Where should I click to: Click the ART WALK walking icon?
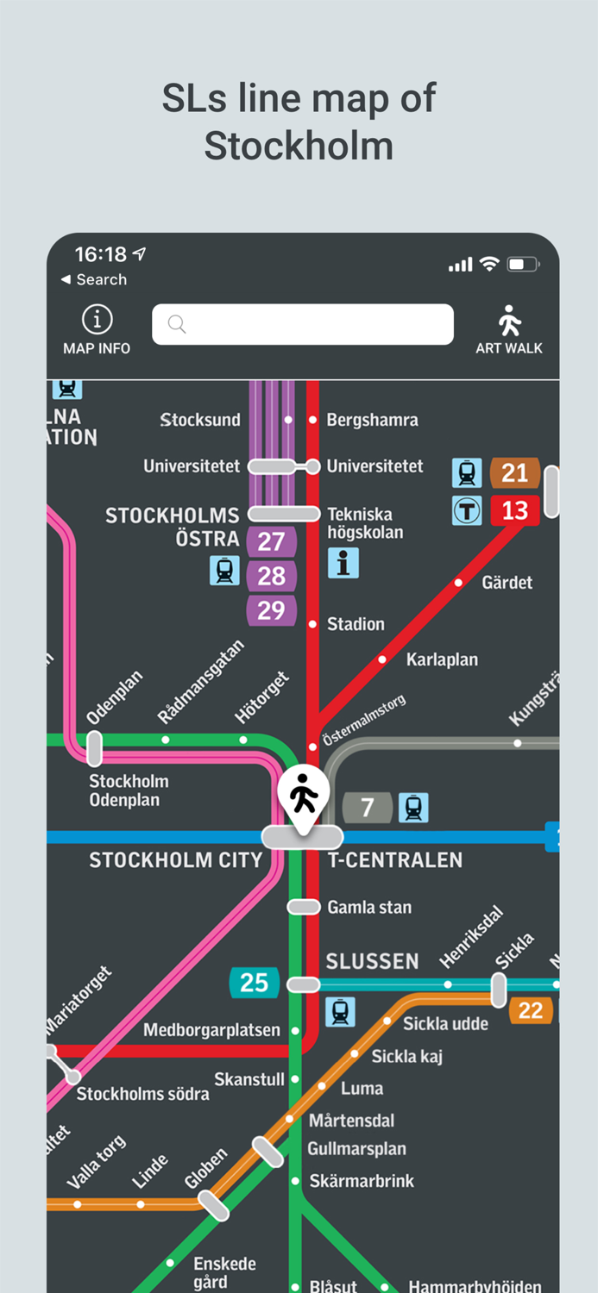pyautogui.click(x=509, y=322)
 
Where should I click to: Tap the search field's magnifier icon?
pyautogui.click(x=177, y=324)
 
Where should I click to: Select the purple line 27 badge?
pyautogui.click(x=271, y=542)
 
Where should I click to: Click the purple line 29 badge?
pyautogui.click(x=271, y=610)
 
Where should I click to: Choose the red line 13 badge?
pyautogui.click(x=514, y=510)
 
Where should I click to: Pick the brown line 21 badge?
pyautogui.click(x=514, y=472)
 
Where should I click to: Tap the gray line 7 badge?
pyautogui.click(x=368, y=808)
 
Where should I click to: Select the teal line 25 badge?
pyautogui.click(x=254, y=983)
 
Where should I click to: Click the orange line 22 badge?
pyautogui.click(x=531, y=1010)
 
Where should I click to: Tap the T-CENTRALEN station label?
pyautogui.click(x=395, y=860)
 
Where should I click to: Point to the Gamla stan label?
pyautogui.click(x=369, y=907)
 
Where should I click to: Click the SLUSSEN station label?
pyautogui.click(x=372, y=961)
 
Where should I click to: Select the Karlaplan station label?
pyautogui.click(x=442, y=659)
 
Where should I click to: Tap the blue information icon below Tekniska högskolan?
pyautogui.click(x=343, y=563)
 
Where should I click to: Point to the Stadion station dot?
pyautogui.click(x=312, y=624)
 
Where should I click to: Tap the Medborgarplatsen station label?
pyautogui.click(x=211, y=1030)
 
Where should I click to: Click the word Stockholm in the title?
pyautogui.click(x=299, y=146)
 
